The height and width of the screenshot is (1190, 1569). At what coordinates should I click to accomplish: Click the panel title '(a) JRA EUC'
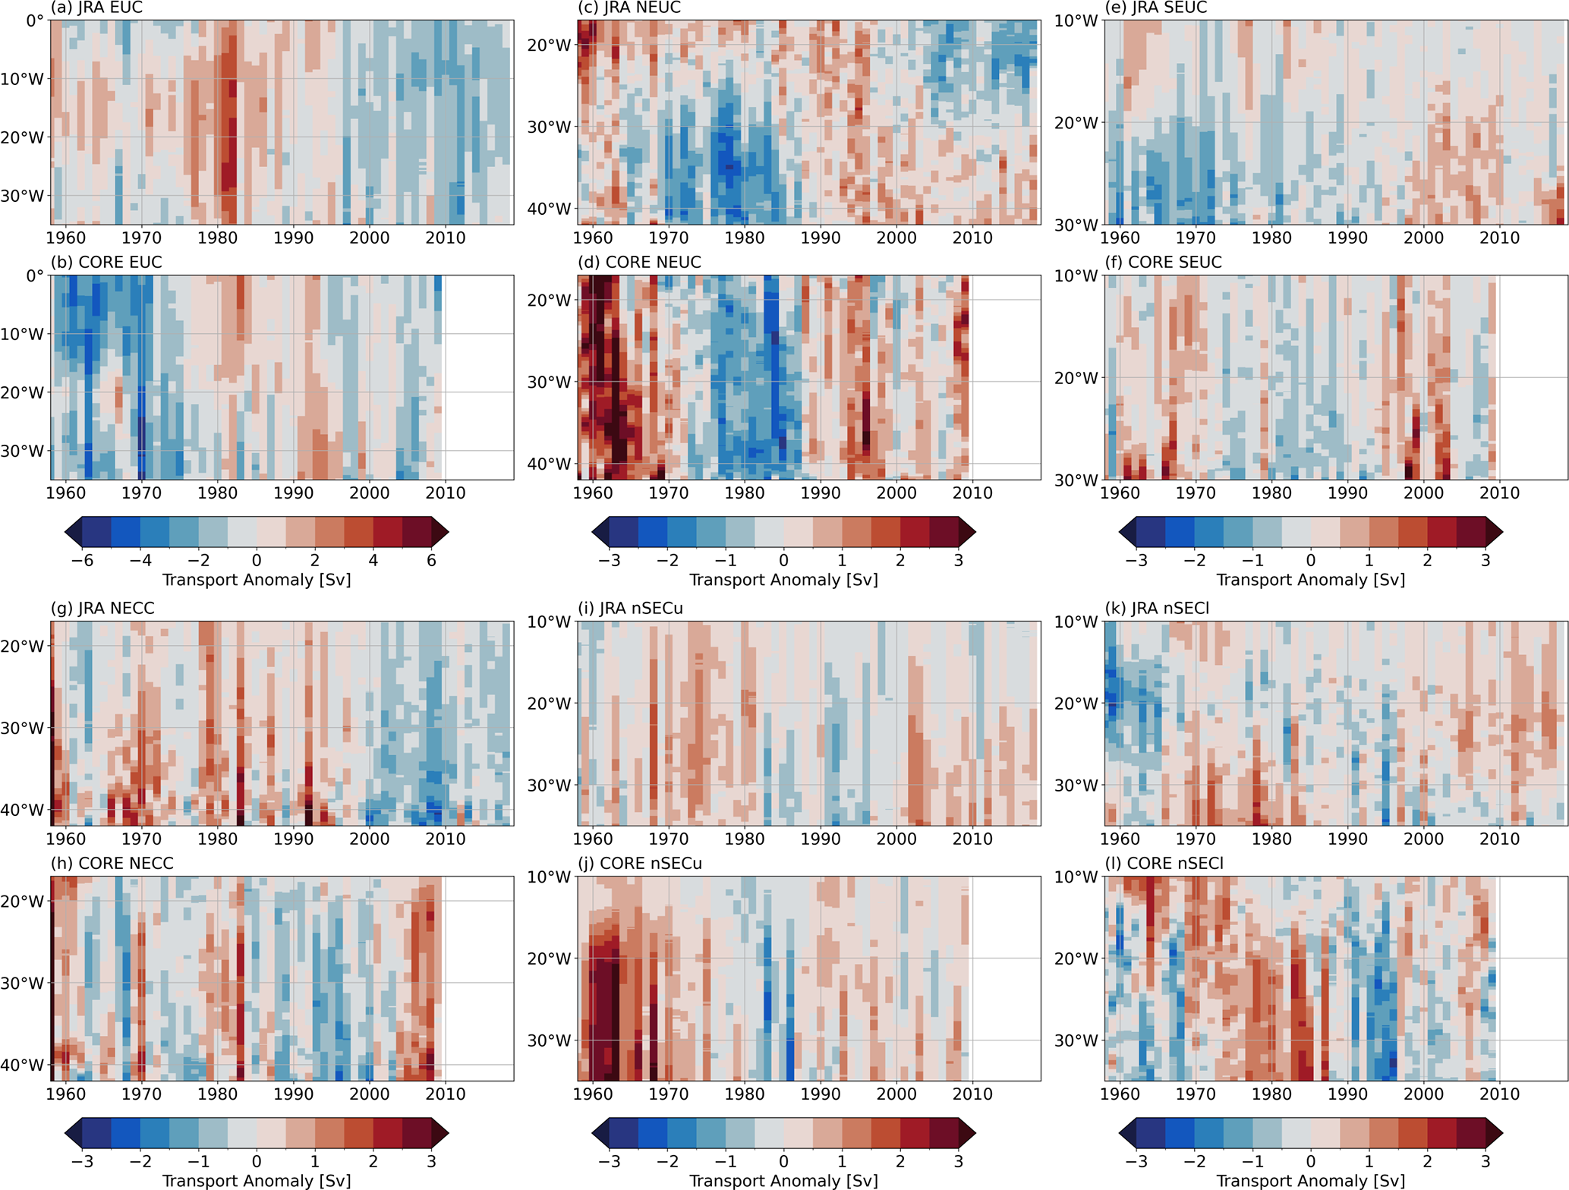coord(96,8)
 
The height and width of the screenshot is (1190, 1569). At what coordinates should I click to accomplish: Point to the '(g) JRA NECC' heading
coord(102,609)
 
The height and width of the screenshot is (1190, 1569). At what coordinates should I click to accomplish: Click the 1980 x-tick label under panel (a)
coord(217,238)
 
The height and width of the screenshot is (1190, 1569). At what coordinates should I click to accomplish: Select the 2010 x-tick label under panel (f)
coord(1499,493)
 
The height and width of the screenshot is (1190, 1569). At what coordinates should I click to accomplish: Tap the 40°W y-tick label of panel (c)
coord(549,209)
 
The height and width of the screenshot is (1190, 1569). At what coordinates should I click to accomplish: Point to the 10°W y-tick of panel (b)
coord(22,334)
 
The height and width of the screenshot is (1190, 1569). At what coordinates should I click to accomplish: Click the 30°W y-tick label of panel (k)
coord(1076,785)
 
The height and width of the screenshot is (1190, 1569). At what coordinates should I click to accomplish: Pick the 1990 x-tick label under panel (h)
coord(293,1094)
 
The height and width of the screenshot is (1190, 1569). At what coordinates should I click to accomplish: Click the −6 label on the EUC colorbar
coord(82,560)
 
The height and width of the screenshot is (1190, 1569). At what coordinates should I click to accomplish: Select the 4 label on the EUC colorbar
coord(373,560)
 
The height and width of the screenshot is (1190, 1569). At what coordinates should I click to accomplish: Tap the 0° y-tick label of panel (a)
coord(35,20)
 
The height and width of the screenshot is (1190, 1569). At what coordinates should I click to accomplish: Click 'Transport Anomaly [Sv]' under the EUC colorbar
coord(257,580)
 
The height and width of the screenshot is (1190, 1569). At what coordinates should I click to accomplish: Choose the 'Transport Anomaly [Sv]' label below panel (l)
coord(1310,1181)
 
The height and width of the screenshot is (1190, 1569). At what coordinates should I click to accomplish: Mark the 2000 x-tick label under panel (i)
coord(896,839)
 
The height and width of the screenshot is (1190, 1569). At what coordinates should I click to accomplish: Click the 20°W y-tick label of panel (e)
coord(1076,123)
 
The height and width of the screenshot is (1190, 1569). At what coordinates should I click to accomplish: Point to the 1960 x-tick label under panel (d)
coord(592,493)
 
